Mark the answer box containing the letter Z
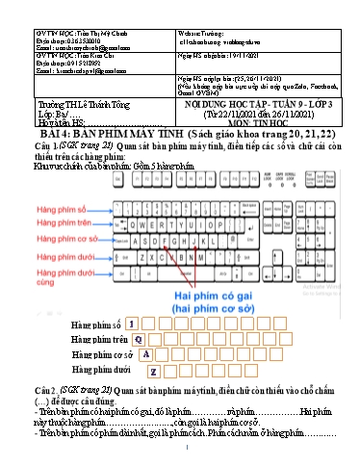click(x=154, y=371)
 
